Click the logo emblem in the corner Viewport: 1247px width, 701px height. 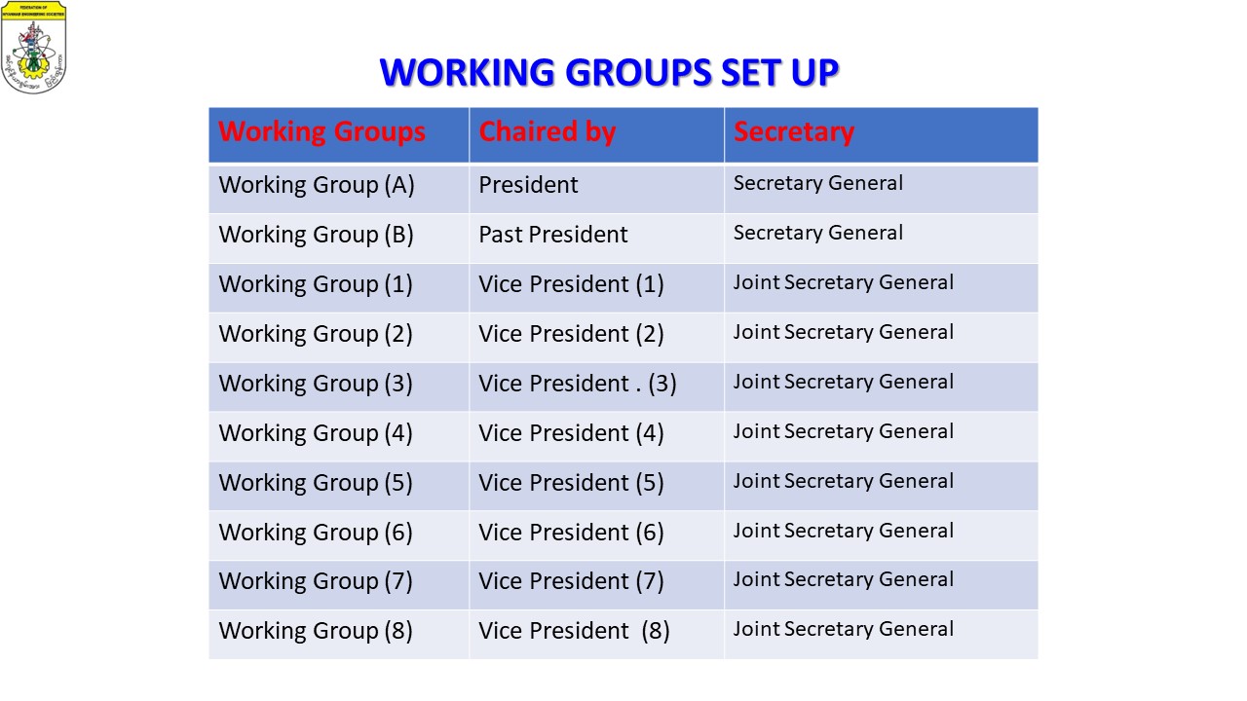(x=33, y=48)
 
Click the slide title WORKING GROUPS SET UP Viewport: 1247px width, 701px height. (x=609, y=72)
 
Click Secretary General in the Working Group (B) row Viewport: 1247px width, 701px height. (x=817, y=233)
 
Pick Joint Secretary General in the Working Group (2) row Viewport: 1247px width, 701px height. (x=844, y=332)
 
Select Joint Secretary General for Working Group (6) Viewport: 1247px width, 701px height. (x=844, y=531)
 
